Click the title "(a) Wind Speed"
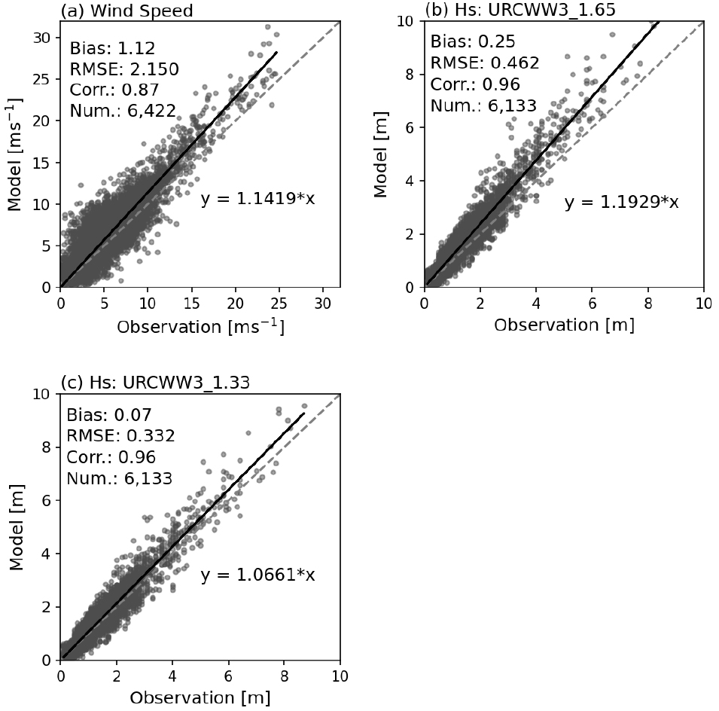click(126, 11)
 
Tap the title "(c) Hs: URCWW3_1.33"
click(155, 383)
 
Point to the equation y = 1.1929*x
click(621, 202)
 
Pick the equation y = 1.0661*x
click(257, 575)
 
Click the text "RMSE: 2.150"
click(124, 69)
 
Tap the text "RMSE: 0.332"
click(120, 436)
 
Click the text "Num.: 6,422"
click(123, 111)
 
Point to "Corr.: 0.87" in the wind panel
click(114, 90)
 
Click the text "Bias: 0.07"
click(109, 415)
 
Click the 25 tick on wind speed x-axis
click(279, 302)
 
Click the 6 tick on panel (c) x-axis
click(228, 675)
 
